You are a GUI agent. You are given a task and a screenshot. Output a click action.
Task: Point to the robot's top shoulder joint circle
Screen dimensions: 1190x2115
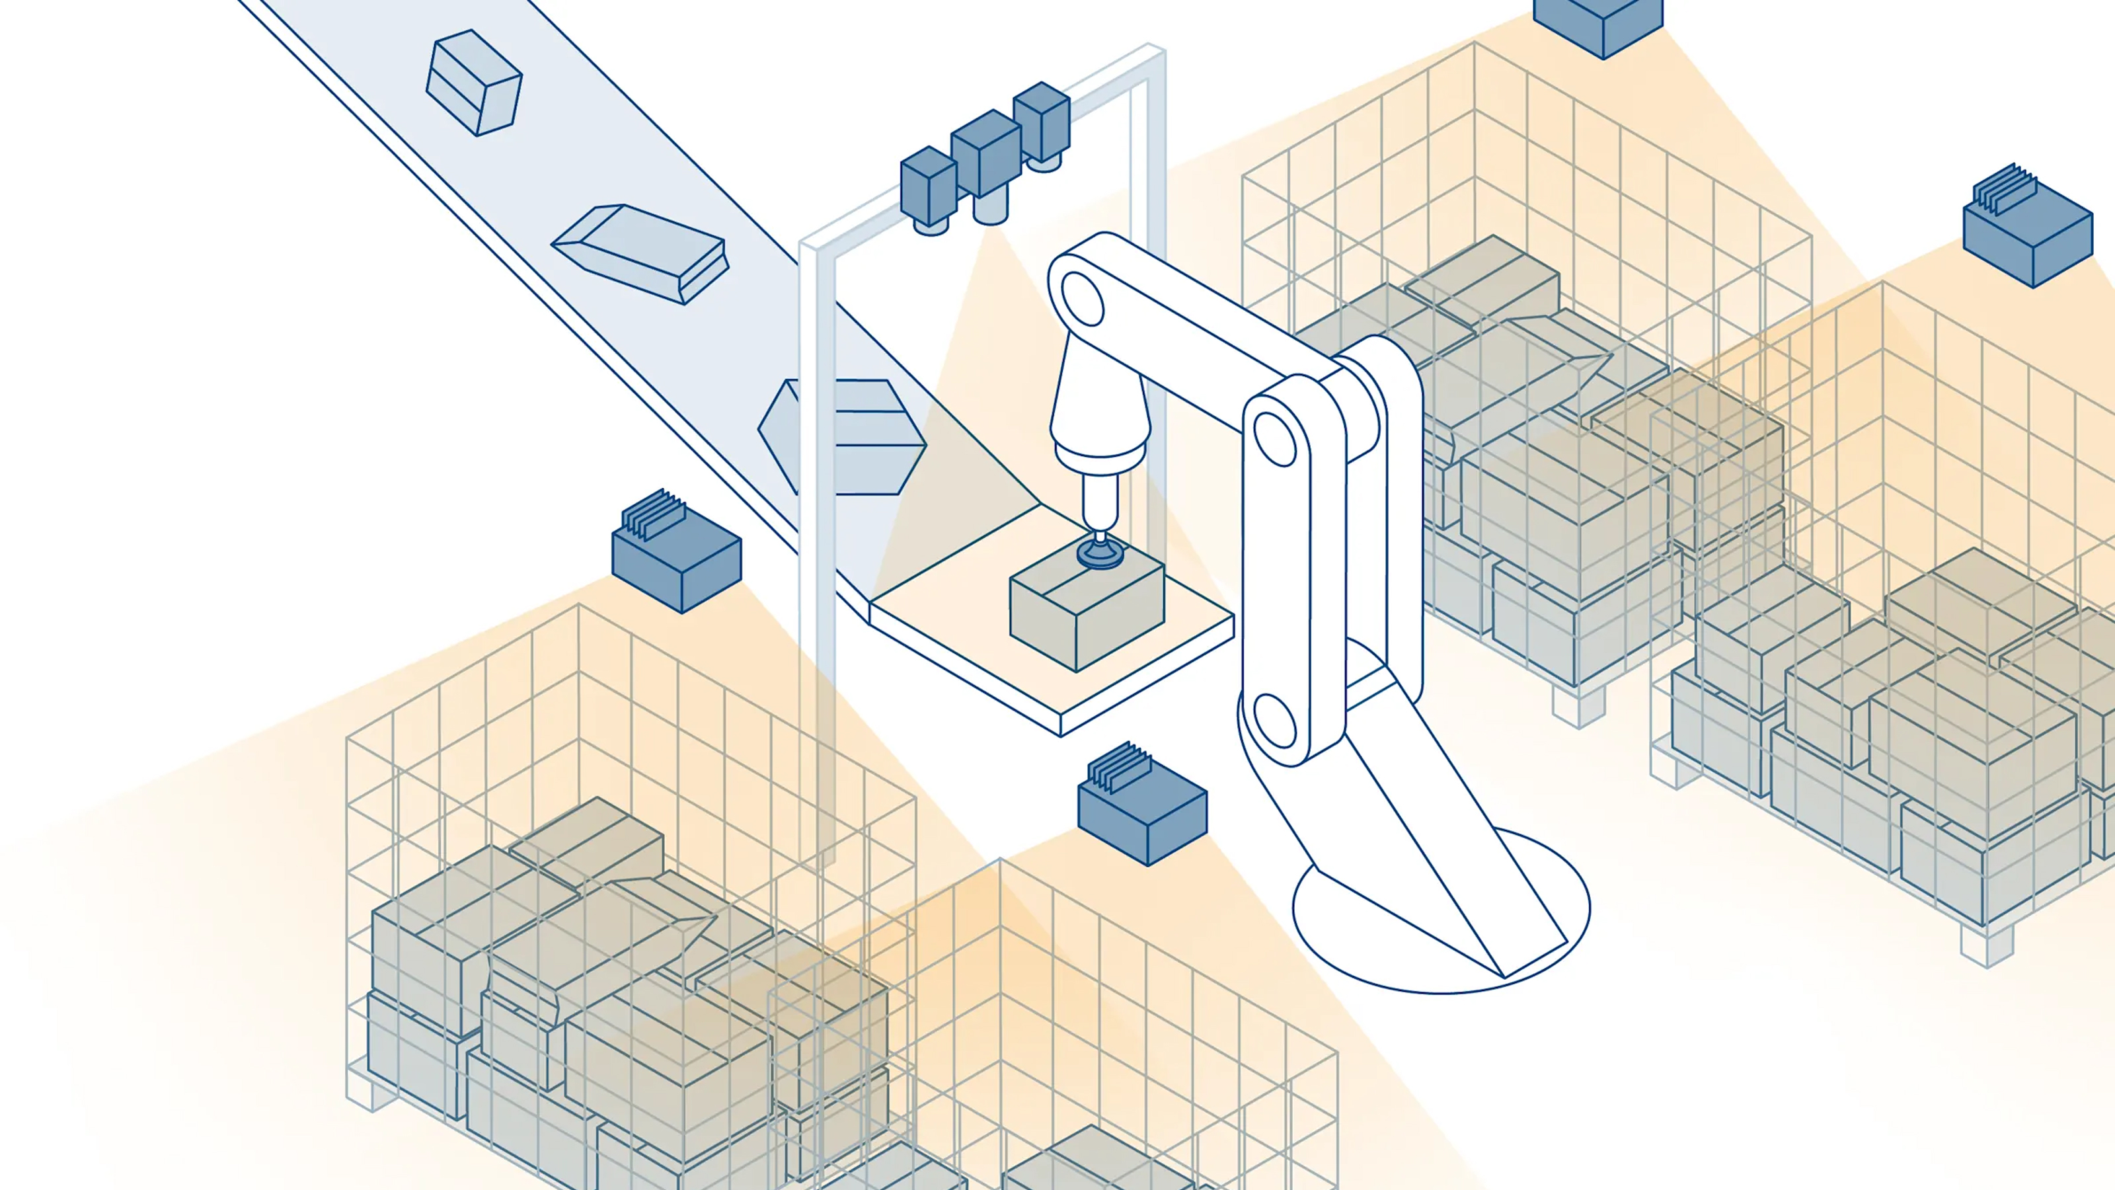pos(1081,299)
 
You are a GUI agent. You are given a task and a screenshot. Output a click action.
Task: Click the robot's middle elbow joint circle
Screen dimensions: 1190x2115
pos(1274,438)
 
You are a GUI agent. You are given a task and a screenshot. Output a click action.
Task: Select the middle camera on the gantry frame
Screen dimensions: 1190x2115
pos(985,152)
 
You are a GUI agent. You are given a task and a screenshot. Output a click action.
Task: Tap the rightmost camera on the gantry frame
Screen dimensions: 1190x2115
pos(1041,121)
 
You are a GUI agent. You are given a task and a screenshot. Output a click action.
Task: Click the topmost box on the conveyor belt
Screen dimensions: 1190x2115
pos(474,83)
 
